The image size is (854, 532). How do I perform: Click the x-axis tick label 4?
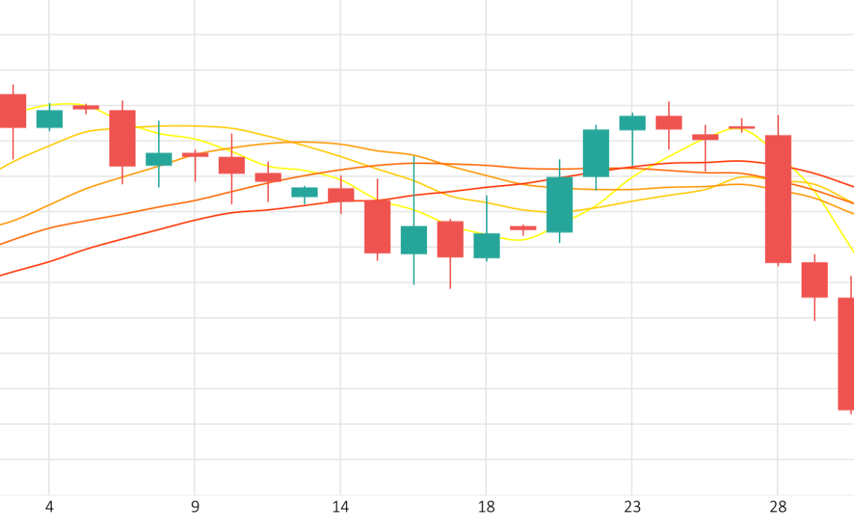click(49, 507)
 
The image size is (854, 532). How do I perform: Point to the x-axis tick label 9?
click(195, 507)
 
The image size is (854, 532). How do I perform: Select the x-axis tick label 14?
click(341, 507)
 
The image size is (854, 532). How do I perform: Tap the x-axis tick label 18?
click(486, 507)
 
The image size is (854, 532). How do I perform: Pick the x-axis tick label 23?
click(632, 507)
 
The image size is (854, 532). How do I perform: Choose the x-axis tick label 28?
click(778, 507)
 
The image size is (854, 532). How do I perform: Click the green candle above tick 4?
click(49, 118)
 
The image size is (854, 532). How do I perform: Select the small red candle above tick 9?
click(195, 154)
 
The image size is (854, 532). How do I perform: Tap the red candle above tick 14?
click(341, 195)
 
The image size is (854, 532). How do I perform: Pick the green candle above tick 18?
click(486, 245)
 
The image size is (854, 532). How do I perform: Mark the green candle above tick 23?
click(632, 123)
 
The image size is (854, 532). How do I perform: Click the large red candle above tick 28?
click(778, 199)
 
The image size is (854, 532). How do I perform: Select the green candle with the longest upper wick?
click(414, 240)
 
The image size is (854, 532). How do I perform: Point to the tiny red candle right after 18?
click(523, 228)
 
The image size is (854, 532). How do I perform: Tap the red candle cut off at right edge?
click(846, 354)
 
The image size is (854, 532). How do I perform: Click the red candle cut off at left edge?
click(12, 111)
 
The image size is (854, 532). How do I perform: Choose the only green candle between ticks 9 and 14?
click(304, 192)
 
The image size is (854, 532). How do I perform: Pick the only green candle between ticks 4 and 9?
click(159, 159)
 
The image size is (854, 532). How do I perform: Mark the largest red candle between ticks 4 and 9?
click(122, 138)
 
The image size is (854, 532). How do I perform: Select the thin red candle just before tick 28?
click(742, 127)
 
